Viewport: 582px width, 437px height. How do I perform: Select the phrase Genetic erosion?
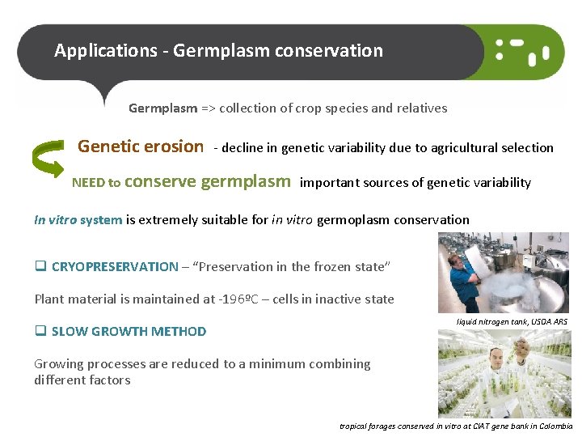pyautogui.click(x=141, y=146)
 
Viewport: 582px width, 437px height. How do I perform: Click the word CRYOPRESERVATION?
pyautogui.click(x=115, y=266)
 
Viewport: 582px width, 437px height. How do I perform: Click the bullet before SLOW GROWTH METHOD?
pyautogui.click(x=40, y=331)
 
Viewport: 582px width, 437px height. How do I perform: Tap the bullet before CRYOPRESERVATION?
pyautogui.click(x=40, y=266)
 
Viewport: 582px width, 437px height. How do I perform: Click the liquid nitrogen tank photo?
pyautogui.click(x=502, y=273)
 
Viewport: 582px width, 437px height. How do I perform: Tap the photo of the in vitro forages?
pyautogui.click(x=502, y=373)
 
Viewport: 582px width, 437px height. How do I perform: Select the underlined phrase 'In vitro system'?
pyautogui.click(x=78, y=219)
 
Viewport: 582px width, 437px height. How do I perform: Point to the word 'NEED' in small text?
pyautogui.click(x=88, y=183)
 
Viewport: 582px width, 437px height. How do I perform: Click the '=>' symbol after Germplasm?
pyautogui.click(x=208, y=108)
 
